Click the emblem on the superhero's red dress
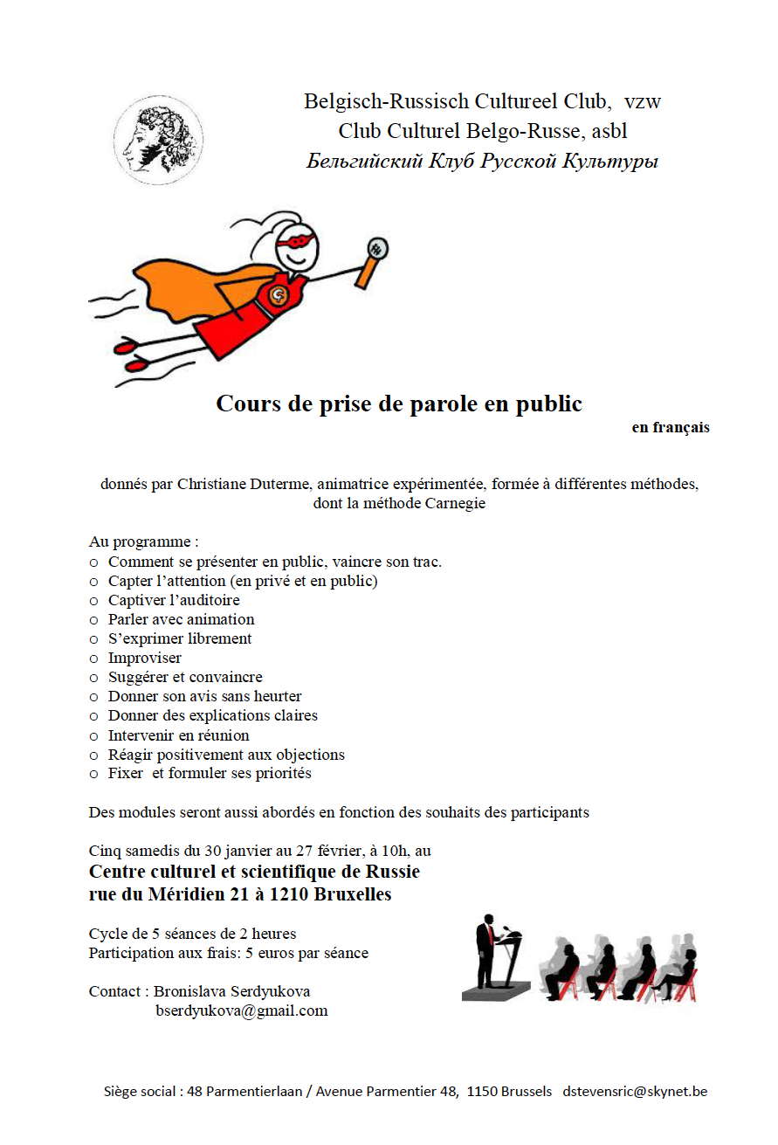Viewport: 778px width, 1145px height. coord(280,296)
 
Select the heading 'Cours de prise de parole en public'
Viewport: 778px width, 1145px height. coord(398,404)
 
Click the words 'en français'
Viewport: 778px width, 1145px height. coord(671,428)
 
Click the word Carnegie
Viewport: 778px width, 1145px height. coord(454,503)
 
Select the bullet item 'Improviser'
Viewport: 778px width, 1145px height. coord(144,658)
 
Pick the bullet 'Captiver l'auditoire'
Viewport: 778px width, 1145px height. coord(174,600)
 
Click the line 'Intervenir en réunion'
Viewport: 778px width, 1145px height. coord(178,735)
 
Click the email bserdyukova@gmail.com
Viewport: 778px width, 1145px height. coord(241,1010)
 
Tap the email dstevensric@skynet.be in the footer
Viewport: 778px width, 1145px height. coord(635,1091)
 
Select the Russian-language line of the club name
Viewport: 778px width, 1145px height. coord(482,162)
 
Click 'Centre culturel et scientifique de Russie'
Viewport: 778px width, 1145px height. coord(254,872)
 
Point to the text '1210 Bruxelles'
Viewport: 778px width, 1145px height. coord(340,894)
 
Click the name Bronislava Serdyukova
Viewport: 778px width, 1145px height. coord(231,991)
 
